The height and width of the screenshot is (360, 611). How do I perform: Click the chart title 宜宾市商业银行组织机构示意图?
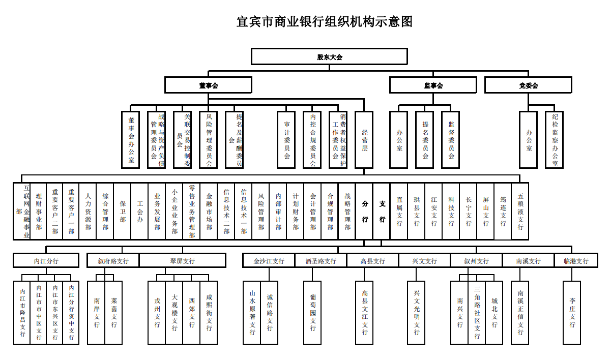point(324,22)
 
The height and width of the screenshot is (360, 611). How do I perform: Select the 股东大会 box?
point(329,56)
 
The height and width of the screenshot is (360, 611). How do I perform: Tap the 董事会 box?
point(208,85)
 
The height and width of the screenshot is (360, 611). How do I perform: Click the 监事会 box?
point(433,85)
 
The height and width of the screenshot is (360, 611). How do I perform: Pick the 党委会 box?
point(528,85)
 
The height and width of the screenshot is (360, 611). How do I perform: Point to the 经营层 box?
point(364,140)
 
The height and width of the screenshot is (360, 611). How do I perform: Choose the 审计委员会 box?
point(286,140)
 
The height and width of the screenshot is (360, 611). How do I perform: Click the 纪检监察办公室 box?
point(554,140)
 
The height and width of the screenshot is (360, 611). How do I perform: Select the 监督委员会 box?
point(451,140)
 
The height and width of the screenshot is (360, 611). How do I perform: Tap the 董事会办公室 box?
point(131,140)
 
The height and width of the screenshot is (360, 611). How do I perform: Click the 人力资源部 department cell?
point(88,211)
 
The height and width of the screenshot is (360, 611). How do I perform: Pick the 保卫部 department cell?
point(122,211)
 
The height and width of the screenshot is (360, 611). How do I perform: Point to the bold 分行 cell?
point(364,211)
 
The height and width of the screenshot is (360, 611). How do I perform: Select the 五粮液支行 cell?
point(520,211)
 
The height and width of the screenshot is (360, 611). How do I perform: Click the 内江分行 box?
point(46,261)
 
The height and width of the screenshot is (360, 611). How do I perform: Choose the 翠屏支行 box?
point(182,261)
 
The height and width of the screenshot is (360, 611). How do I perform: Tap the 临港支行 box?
point(575,261)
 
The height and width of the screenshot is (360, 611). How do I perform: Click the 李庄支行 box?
point(572,312)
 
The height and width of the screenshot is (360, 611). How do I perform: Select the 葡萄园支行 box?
point(312,312)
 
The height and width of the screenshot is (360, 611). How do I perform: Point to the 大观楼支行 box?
point(174,312)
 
